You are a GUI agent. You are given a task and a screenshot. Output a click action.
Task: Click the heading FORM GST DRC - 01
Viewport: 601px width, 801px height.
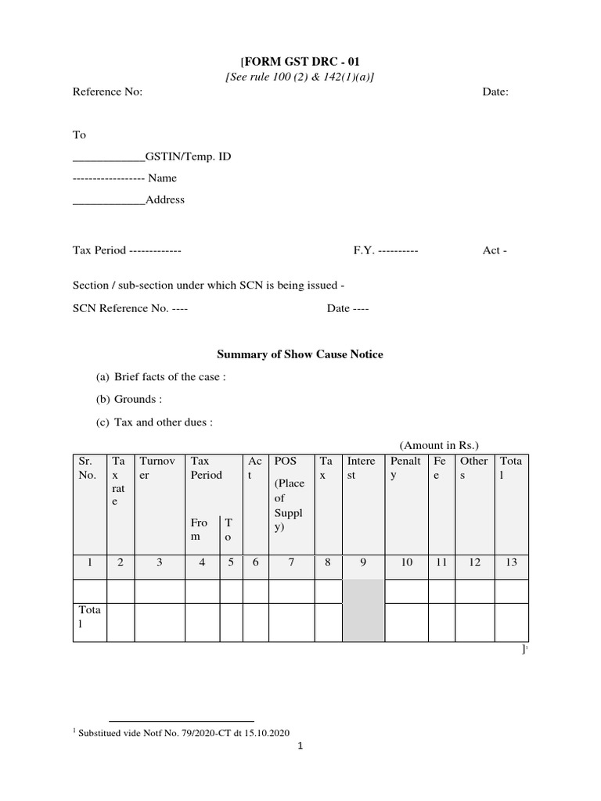(x=300, y=62)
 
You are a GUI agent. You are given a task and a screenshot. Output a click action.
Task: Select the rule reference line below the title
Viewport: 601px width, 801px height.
(x=300, y=76)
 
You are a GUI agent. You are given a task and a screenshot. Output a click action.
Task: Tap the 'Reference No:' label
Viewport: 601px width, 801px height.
(x=107, y=92)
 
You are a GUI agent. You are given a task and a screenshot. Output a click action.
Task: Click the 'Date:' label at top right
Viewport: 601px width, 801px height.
(x=495, y=92)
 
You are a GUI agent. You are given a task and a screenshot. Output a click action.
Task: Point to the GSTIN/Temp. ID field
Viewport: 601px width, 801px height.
(x=152, y=156)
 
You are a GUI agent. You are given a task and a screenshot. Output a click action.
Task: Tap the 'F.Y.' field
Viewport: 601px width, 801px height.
(x=386, y=251)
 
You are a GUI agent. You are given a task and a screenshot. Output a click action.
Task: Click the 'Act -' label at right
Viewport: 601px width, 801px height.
(x=495, y=251)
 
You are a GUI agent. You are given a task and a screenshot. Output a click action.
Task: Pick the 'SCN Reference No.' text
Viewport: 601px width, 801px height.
(x=121, y=308)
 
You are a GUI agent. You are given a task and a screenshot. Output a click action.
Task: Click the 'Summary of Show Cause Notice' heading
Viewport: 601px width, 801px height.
(x=300, y=354)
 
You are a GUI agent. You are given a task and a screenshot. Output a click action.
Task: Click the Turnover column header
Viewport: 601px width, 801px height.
(x=160, y=468)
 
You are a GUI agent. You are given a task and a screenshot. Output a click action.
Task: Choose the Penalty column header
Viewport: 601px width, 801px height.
(x=406, y=468)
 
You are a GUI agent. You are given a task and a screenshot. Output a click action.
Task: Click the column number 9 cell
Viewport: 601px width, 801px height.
(x=363, y=562)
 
